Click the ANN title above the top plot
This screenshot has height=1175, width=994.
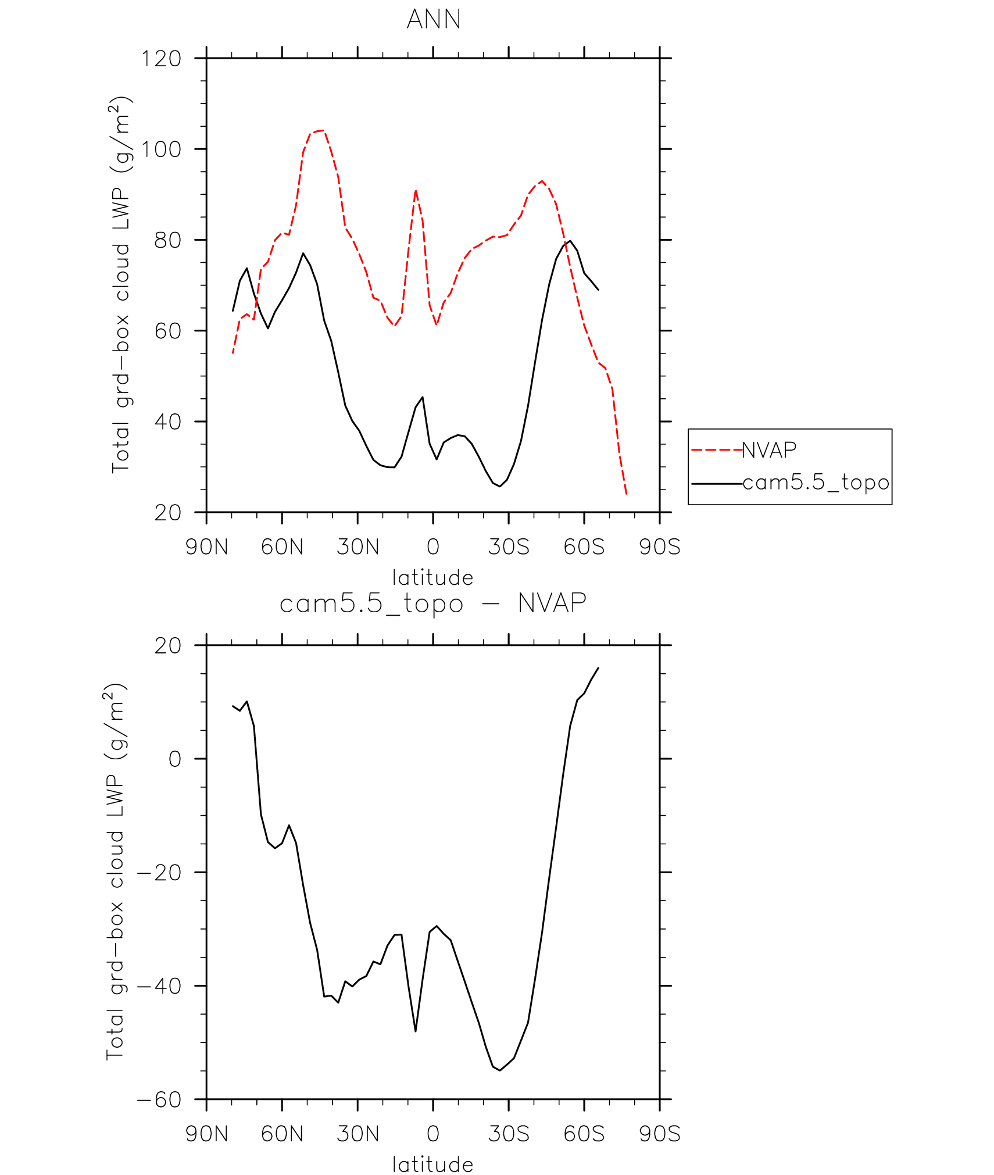(434, 19)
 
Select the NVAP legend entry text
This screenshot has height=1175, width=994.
(769, 450)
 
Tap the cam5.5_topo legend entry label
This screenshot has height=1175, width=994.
(816, 483)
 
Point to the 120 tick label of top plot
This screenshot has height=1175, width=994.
(162, 59)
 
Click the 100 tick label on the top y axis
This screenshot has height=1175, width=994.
(162, 149)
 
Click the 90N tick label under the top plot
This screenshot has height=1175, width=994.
(206, 547)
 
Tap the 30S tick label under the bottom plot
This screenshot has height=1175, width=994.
(509, 1134)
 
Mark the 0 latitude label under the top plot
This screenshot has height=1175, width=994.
(433, 547)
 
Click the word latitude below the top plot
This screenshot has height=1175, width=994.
(433, 578)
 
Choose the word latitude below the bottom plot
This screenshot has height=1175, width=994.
(433, 1165)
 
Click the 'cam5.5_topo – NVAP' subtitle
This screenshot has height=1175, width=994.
(433, 603)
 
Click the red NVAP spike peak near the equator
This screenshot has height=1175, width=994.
(416, 191)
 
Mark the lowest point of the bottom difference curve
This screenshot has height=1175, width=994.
(500, 1070)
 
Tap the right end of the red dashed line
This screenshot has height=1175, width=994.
(626, 494)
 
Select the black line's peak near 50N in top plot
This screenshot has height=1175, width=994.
(303, 253)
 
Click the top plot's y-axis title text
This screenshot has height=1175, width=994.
(121, 285)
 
